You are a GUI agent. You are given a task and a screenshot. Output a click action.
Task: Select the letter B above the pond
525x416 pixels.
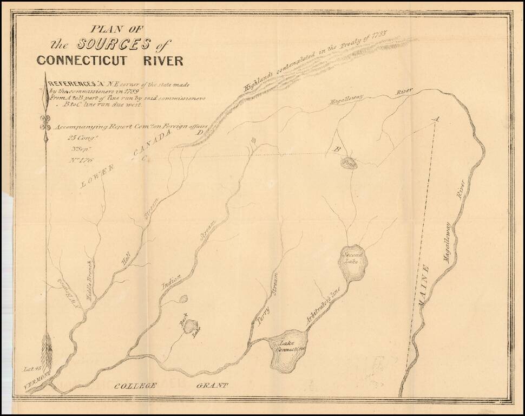(x=337, y=149)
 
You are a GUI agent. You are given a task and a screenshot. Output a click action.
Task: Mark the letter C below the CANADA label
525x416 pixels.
(x=145, y=159)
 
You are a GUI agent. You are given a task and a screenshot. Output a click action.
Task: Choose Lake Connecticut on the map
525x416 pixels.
(x=289, y=349)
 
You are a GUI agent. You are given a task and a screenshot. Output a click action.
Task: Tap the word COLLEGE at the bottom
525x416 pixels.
(x=135, y=386)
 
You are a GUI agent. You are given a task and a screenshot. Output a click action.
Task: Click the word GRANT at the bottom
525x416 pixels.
(x=212, y=386)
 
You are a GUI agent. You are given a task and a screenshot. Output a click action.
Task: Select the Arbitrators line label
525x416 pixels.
(x=323, y=305)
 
